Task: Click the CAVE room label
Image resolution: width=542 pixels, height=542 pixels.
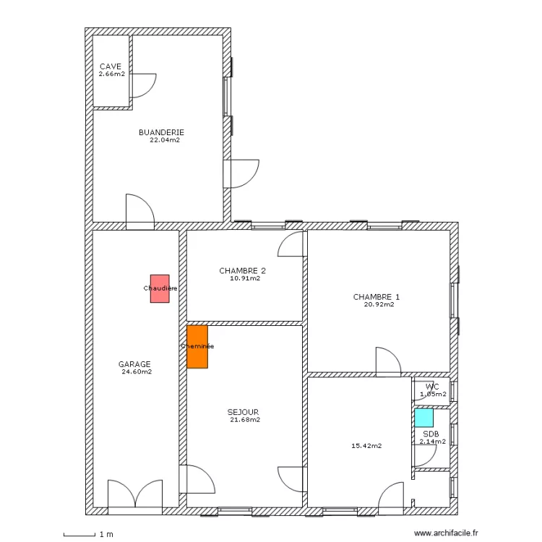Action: coord(111,66)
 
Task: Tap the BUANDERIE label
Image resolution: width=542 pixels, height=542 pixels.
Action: coord(161,132)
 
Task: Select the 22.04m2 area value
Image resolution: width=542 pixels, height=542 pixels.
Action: coord(165,140)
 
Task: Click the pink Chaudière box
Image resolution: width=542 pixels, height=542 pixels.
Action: coord(160,288)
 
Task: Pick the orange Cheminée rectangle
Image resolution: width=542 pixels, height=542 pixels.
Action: coord(197,347)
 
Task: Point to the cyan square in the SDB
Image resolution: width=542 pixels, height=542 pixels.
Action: coord(423,418)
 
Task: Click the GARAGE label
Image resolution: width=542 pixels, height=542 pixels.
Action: coord(134,364)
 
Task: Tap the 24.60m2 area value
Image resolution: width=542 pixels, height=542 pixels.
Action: coord(137,372)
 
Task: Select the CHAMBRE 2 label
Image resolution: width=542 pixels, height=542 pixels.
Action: coord(242,271)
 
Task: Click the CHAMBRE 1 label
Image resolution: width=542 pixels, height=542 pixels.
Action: coord(377,297)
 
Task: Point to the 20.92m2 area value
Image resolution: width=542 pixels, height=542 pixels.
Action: coord(379,304)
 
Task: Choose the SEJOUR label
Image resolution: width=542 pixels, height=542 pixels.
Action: coord(243,412)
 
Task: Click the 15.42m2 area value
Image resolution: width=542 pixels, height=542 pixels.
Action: coord(366,446)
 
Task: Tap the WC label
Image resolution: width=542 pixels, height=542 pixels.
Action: coord(432,387)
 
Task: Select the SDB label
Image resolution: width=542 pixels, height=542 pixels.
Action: coord(431,434)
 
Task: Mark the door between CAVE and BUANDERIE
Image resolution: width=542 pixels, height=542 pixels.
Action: coord(142,85)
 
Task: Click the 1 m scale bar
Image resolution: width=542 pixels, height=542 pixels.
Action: coord(79,535)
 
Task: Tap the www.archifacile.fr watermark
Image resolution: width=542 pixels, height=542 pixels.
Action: coord(446,533)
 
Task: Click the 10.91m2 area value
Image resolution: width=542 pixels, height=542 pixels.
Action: coord(245,278)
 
